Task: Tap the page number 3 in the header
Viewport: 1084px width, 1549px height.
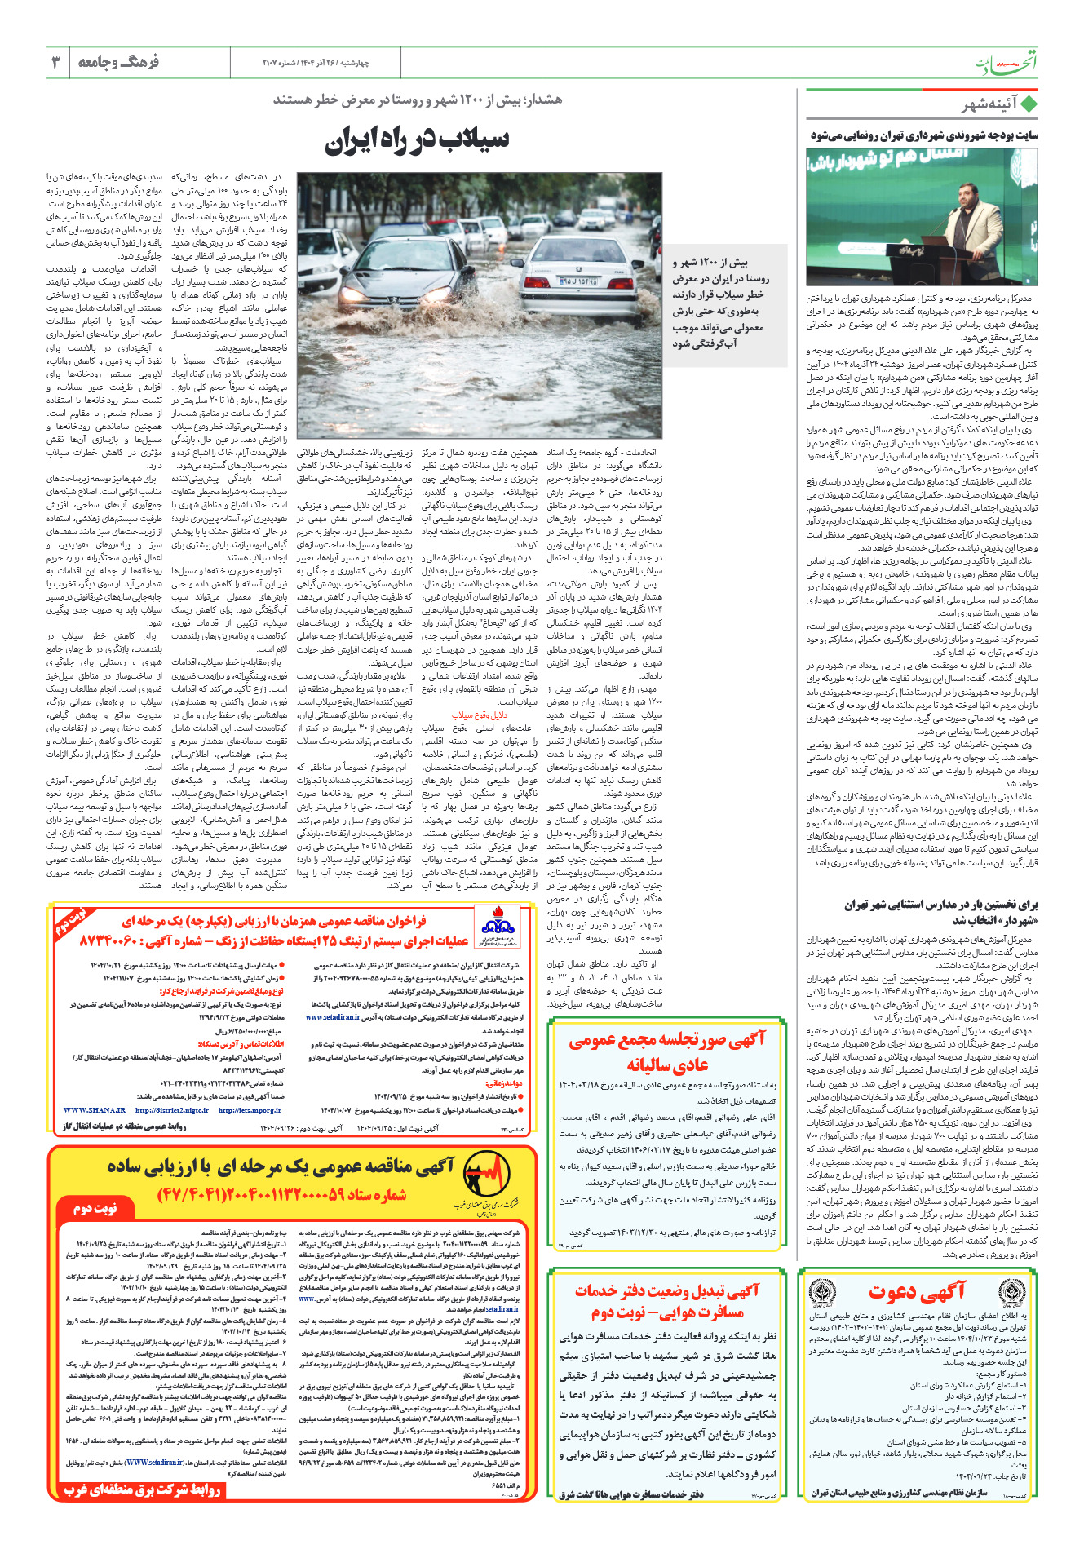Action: coord(56,62)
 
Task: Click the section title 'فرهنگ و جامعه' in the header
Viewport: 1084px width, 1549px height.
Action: coord(118,62)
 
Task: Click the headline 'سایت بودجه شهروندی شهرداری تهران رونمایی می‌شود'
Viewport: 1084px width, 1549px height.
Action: coord(924,135)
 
